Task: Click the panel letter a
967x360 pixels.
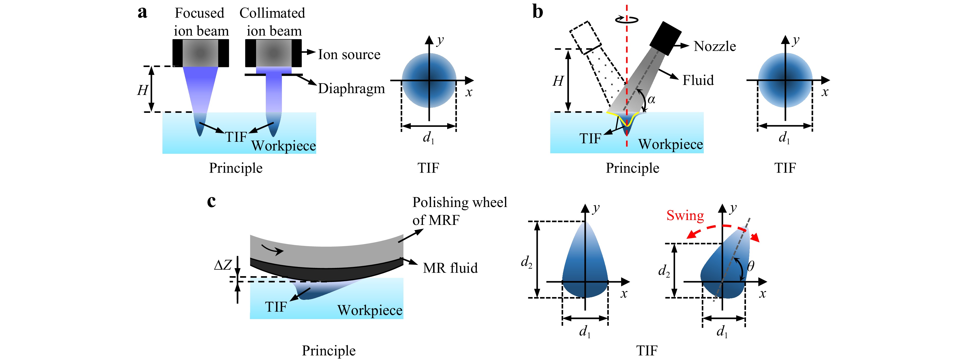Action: (x=142, y=12)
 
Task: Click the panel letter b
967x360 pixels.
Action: (x=537, y=12)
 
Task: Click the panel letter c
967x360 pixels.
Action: (x=211, y=202)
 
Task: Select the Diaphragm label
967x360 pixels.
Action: (x=351, y=89)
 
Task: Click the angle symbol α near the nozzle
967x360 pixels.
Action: (x=651, y=100)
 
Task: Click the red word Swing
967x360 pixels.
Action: (x=685, y=215)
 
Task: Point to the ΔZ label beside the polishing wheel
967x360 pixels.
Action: (x=223, y=265)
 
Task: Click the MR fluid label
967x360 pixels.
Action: (x=450, y=268)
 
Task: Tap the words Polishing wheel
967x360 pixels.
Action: (x=459, y=203)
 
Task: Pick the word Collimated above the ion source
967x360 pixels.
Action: (x=272, y=13)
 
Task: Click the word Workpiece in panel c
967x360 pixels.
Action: (x=370, y=310)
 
